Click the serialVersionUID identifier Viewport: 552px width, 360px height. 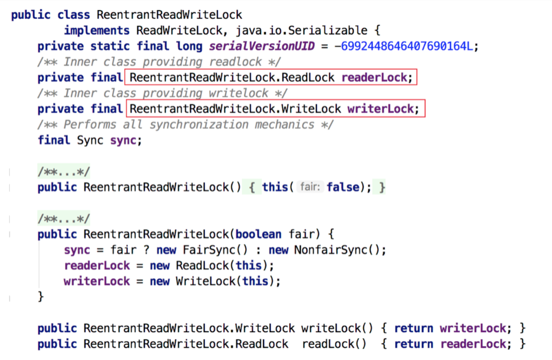tap(261, 46)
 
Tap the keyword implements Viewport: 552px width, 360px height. tap(96, 30)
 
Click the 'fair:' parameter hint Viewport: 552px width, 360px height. tap(310, 187)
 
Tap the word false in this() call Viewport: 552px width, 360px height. tap(343, 187)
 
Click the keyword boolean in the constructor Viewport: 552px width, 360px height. tap(258, 234)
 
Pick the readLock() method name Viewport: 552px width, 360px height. tap(334, 344)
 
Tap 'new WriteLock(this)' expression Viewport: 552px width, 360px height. tap(215, 281)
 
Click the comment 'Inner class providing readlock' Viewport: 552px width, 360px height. tap(159, 62)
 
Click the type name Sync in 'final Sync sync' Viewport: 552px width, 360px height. tap(90, 140)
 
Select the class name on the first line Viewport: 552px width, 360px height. tap(169, 15)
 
